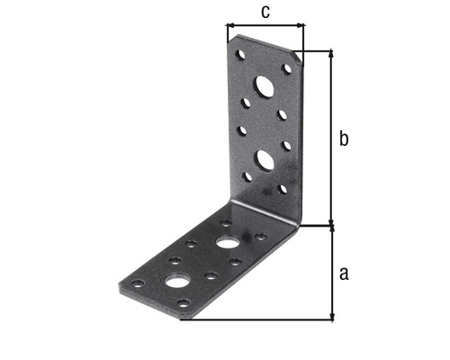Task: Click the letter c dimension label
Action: (x=265, y=12)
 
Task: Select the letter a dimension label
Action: (x=343, y=273)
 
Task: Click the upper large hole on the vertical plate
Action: (x=265, y=87)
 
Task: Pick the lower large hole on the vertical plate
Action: (x=265, y=160)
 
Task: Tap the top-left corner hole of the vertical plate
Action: (x=240, y=55)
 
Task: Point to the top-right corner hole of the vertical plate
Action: (x=287, y=68)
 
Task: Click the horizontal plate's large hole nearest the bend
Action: (x=228, y=243)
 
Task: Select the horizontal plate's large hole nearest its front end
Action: (x=178, y=282)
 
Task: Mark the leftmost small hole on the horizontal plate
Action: (x=138, y=284)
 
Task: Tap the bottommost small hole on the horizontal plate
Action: (x=184, y=304)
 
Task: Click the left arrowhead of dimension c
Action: (x=229, y=26)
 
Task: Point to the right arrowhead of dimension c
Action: (x=301, y=26)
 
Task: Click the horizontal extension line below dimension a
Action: (x=261, y=319)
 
